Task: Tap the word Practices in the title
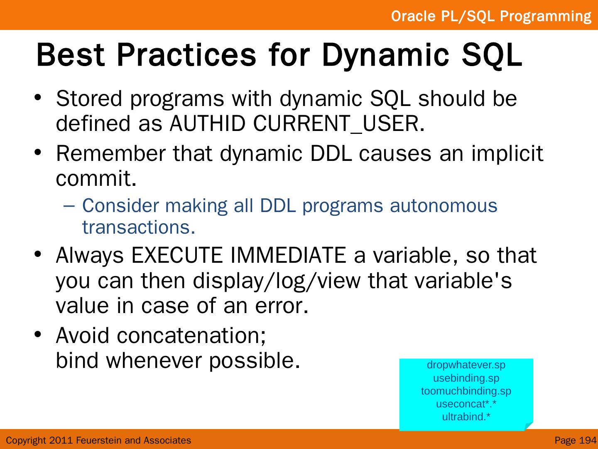tap(186, 55)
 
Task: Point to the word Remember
tap(111, 153)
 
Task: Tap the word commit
tap(96, 178)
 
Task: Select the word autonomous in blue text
tap(444, 206)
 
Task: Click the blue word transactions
tap(139, 227)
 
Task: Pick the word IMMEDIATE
tap(288, 255)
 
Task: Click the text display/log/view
tap(277, 281)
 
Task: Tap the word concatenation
tap(191, 336)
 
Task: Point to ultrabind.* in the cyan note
tap(466, 417)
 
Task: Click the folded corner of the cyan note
tap(529, 426)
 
